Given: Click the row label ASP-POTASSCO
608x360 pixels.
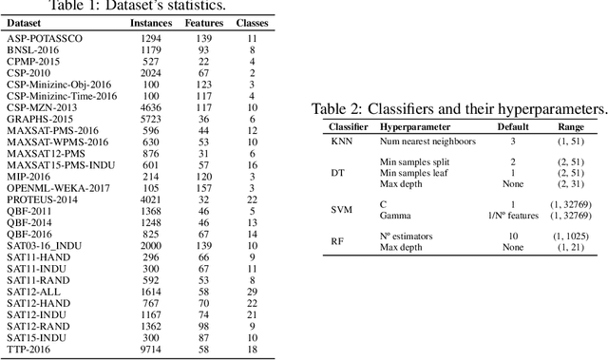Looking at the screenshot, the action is (45, 37).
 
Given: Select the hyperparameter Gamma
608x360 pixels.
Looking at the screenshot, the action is (396, 216).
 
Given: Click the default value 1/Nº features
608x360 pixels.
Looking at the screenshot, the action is (512, 216).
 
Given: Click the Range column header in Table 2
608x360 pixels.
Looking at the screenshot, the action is (571, 125).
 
